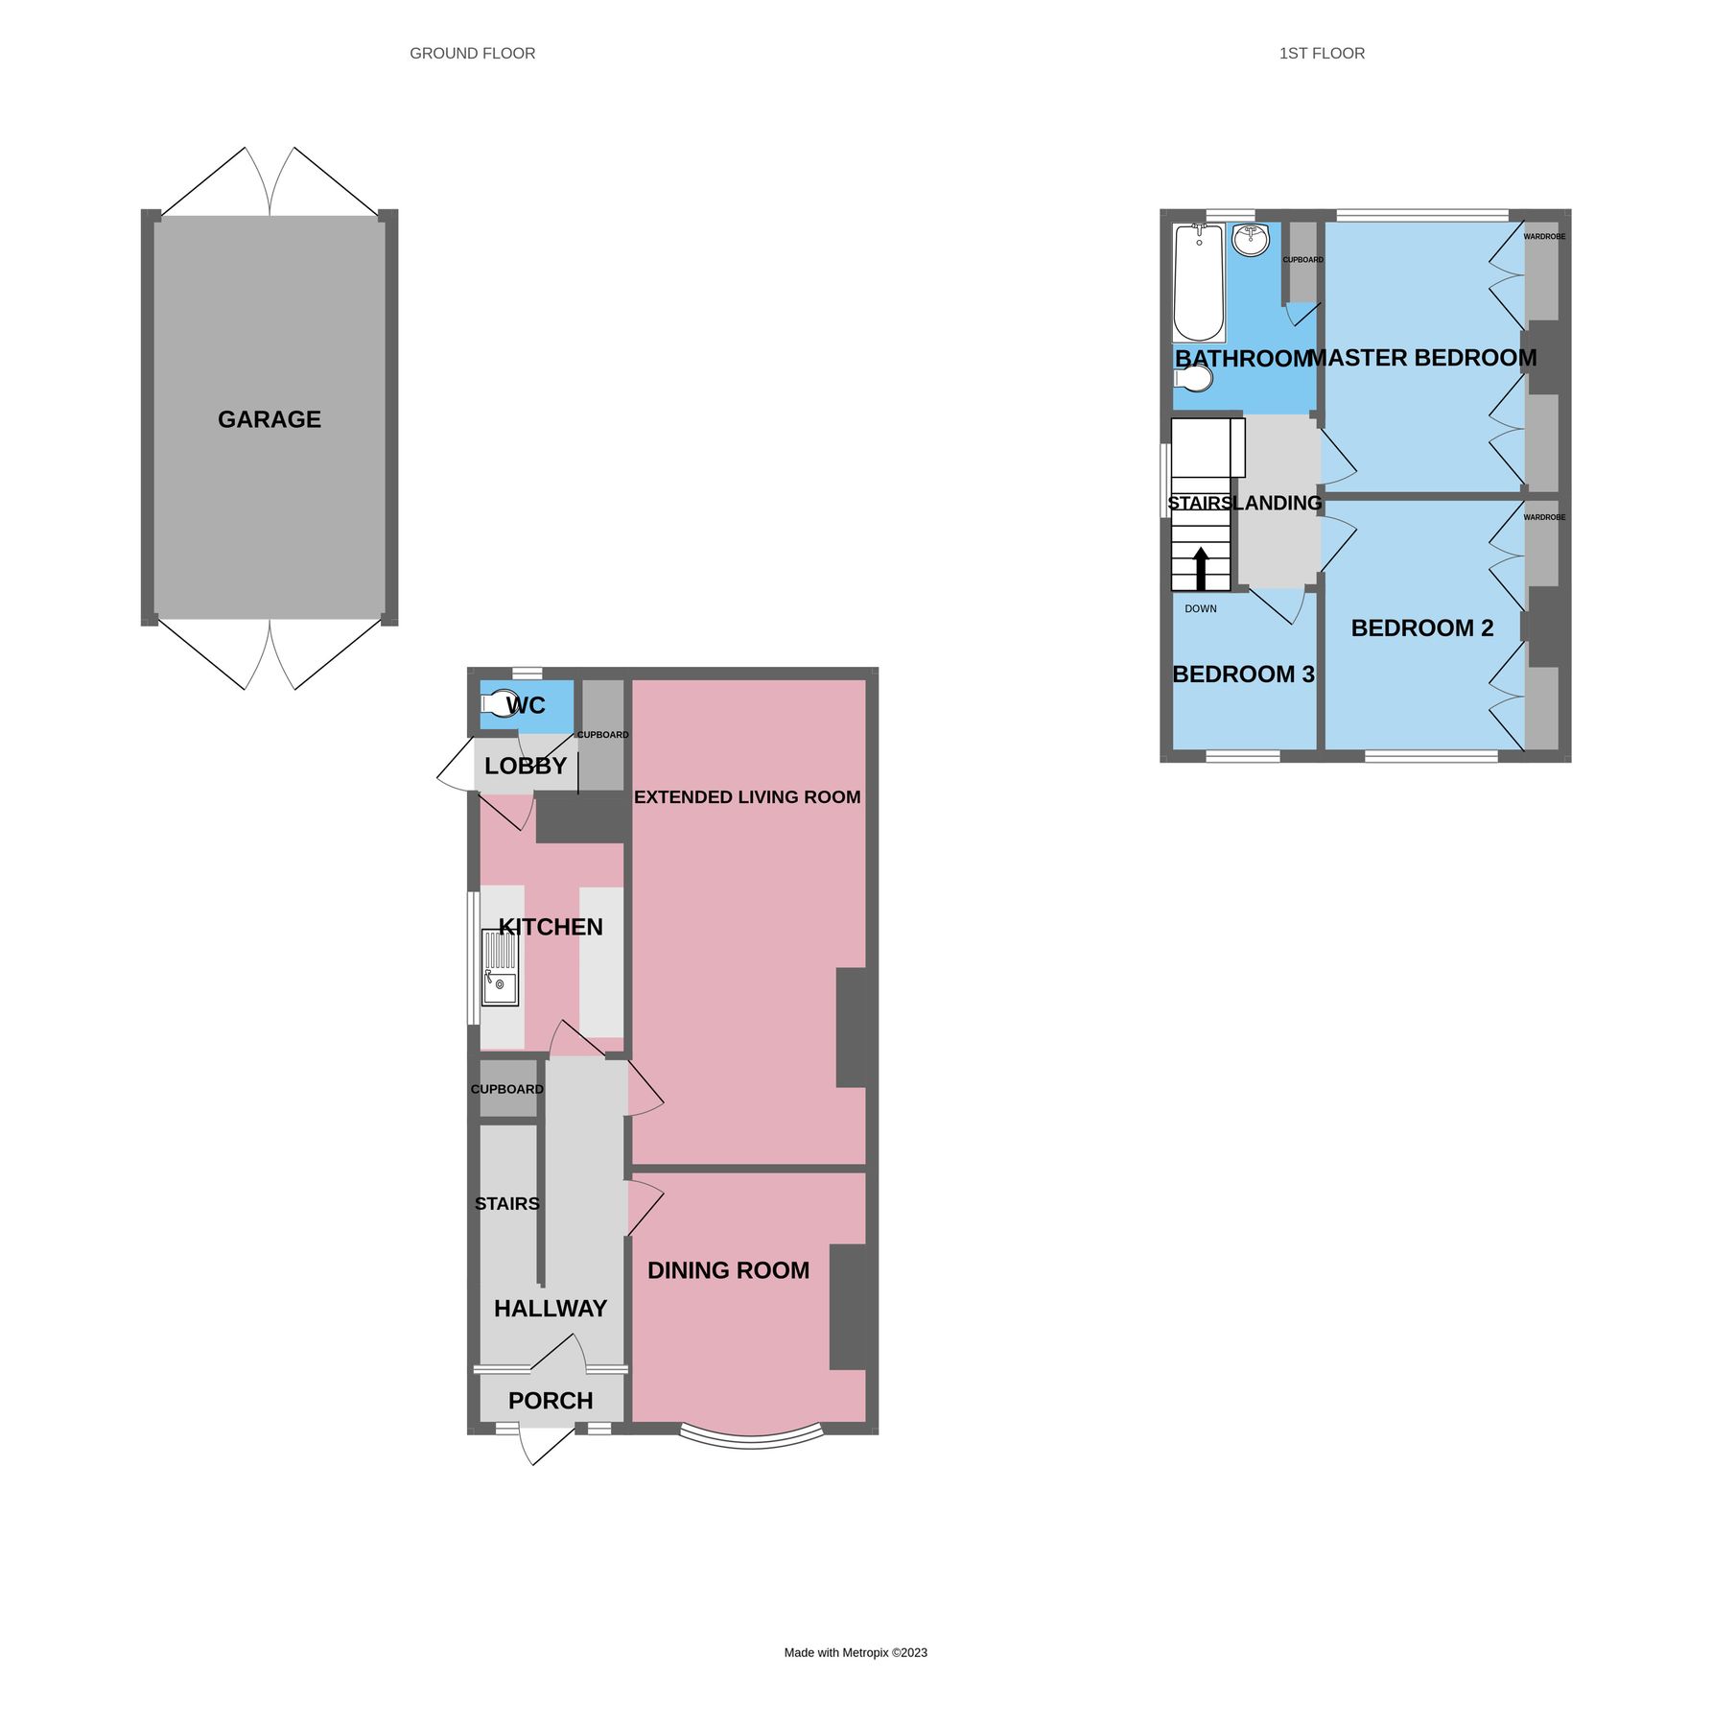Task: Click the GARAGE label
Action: coord(270,419)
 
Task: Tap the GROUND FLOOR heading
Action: coord(472,54)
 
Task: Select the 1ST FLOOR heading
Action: coord(1322,54)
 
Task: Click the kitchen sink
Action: coord(500,969)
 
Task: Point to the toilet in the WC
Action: coord(500,704)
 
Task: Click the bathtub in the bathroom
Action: coord(1199,282)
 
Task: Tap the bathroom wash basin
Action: coord(1251,240)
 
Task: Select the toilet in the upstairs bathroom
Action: coord(1193,378)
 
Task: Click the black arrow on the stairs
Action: coord(1201,568)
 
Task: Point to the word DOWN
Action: coord(1201,609)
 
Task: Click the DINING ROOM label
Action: coord(728,1270)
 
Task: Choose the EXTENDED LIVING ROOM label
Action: coord(747,797)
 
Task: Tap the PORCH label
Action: coord(551,1401)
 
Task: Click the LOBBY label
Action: coord(526,766)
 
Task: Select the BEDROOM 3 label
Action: coord(1243,674)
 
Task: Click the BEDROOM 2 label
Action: coord(1422,628)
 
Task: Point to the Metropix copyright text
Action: coord(856,1652)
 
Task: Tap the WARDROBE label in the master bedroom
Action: coord(1544,237)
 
